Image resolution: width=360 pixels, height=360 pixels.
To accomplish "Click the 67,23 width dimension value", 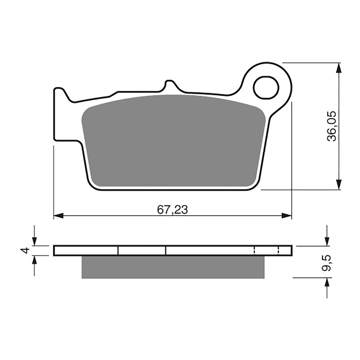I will (x=172, y=210).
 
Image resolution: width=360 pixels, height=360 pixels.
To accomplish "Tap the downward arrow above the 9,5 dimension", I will (x=327, y=241).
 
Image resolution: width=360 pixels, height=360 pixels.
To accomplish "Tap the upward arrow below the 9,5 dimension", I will (x=327, y=283).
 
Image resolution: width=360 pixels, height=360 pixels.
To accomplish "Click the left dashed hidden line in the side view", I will (x=254, y=251).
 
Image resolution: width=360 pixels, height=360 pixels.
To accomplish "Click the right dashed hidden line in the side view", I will (x=279, y=251).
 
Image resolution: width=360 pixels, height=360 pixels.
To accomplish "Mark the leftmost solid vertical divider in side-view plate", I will (x=118, y=251).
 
